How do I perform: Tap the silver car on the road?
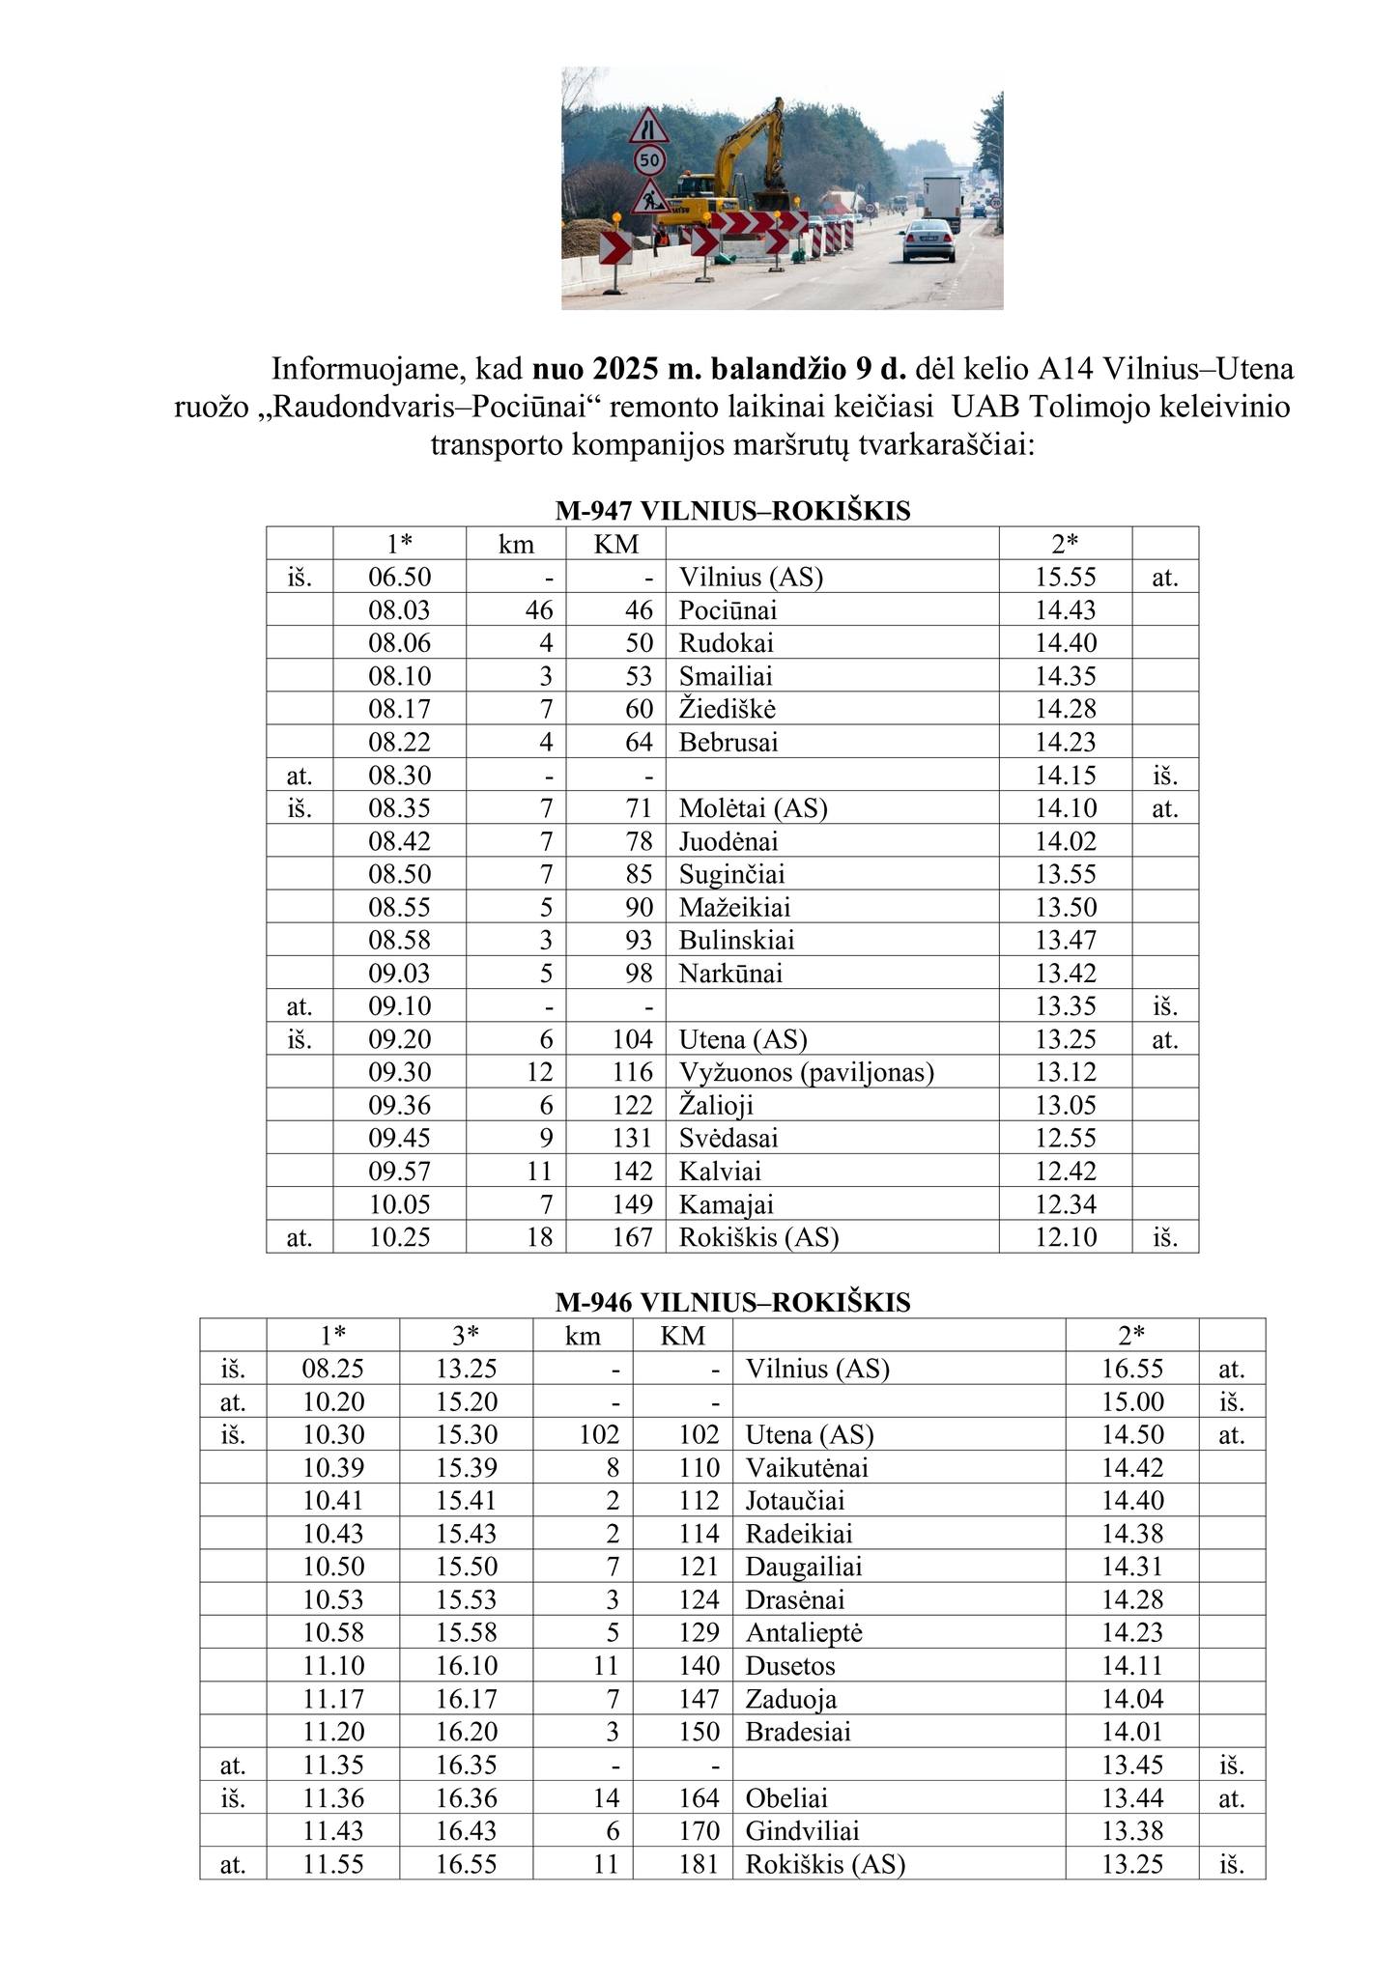pos(929,242)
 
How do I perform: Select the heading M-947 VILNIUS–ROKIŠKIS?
pos(732,510)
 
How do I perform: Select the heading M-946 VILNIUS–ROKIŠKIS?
pos(732,1302)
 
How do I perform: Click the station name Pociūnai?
pos(728,610)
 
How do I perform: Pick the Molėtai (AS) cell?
pos(754,808)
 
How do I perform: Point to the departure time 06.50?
pos(399,578)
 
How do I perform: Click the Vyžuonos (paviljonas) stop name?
pos(806,1072)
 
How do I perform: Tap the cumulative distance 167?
pos(633,1237)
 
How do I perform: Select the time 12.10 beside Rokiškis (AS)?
pos(1066,1237)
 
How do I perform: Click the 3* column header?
pos(466,1336)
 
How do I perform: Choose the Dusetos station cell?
pos(790,1666)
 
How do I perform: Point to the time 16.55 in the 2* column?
pos(1132,1369)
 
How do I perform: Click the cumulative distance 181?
pos(699,1865)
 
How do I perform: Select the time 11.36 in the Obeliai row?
pos(332,1798)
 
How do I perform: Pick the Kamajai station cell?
pos(726,1204)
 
